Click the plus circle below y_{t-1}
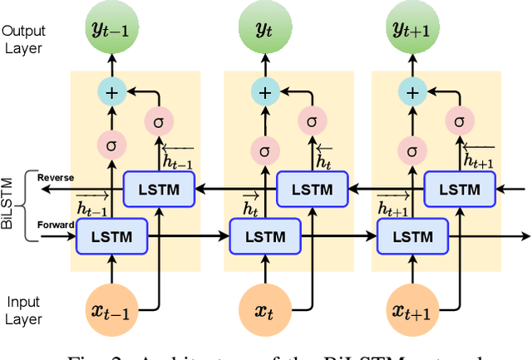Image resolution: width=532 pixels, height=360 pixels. [110, 91]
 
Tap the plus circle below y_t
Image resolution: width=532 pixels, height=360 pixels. [264, 91]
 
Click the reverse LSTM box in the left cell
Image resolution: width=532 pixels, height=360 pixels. [158, 189]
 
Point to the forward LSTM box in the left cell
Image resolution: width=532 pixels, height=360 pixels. [110, 237]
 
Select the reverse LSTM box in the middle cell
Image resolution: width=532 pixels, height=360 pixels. [311, 189]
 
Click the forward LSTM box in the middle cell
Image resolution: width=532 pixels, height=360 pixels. [264, 237]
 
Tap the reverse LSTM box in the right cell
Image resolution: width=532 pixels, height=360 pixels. [460, 189]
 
